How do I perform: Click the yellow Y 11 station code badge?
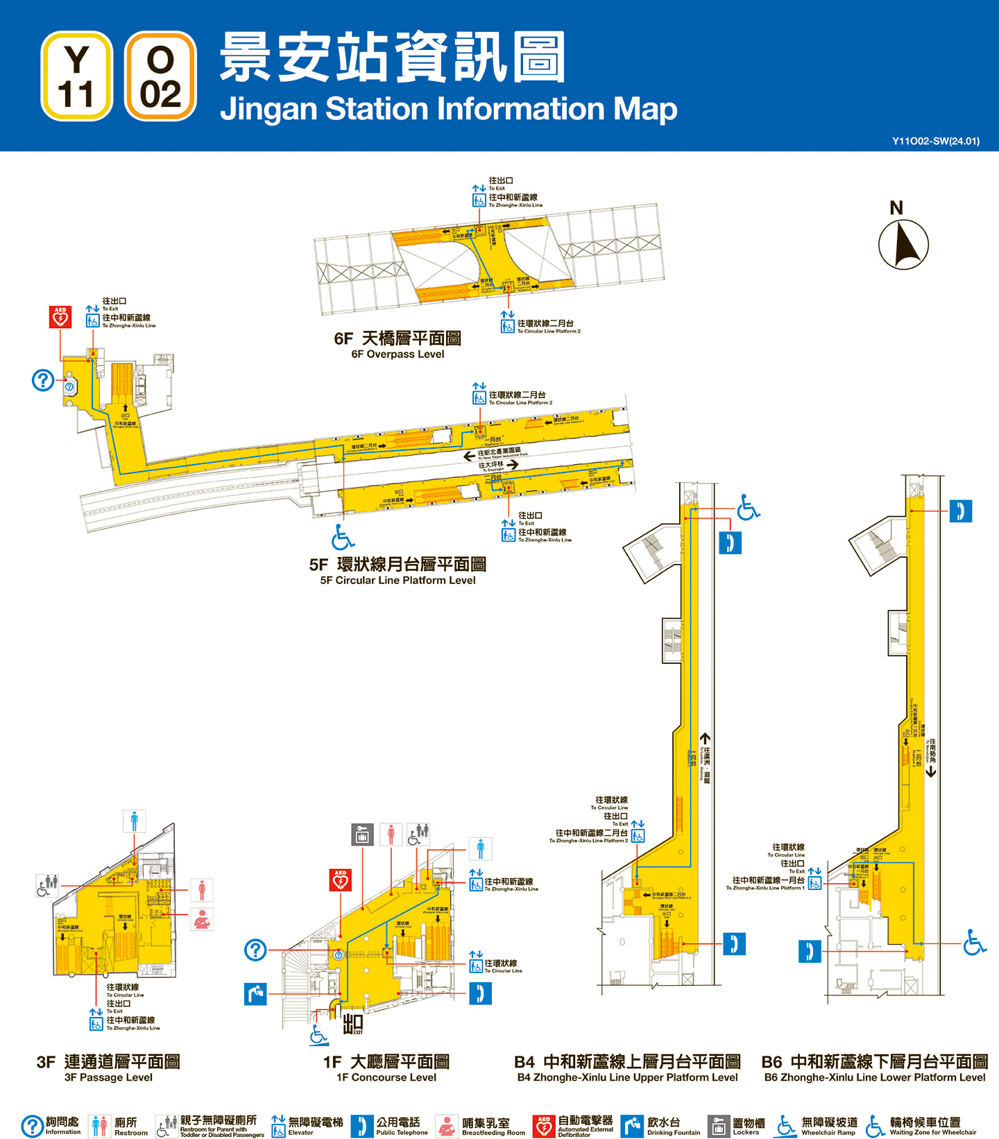(x=76, y=76)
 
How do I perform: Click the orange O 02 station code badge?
(x=160, y=76)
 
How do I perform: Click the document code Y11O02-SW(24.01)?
(x=936, y=141)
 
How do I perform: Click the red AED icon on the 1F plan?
(x=340, y=880)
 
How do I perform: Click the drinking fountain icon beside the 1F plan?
(x=255, y=993)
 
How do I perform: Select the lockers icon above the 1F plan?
(x=361, y=834)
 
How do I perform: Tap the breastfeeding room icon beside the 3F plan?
(x=202, y=919)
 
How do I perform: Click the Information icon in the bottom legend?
(x=32, y=1126)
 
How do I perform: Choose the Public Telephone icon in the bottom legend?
(x=361, y=1126)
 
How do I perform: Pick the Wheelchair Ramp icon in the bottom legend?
(x=785, y=1126)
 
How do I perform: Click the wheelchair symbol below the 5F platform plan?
(x=343, y=536)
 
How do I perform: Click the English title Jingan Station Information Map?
(x=448, y=109)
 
